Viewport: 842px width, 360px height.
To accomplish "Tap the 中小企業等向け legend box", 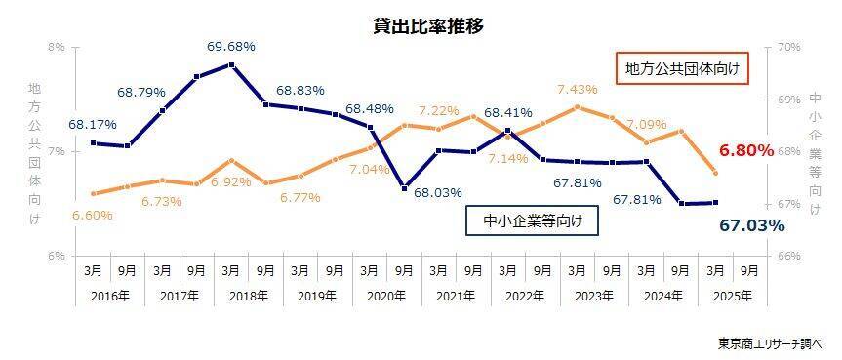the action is (x=532, y=220).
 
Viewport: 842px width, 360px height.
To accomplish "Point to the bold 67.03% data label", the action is (x=752, y=226).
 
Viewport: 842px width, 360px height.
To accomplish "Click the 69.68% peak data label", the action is (x=231, y=47).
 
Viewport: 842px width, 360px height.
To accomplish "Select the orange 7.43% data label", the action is (x=578, y=89).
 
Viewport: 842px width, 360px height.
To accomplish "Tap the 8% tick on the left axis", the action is (x=57, y=47).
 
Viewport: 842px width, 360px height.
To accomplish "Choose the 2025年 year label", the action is (x=733, y=295).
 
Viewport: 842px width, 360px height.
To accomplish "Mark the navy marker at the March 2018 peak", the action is (x=231, y=65).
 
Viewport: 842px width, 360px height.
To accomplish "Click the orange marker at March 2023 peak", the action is (x=577, y=106).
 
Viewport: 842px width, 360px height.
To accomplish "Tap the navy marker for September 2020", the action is (x=404, y=188).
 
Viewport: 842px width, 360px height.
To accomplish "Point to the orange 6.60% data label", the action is (x=93, y=215).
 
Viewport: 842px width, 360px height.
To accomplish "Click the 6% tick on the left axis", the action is (x=57, y=257).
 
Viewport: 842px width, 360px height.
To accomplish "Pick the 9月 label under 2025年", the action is (x=749, y=271).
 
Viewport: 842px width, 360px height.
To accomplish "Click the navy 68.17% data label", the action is (x=93, y=125).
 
